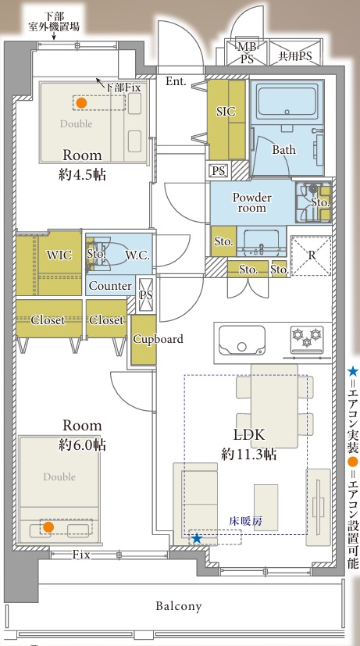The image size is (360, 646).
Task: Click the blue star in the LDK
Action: point(197,538)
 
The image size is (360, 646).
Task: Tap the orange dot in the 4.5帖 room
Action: point(81,103)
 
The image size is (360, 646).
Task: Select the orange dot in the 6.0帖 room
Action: point(48,527)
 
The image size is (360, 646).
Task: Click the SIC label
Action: point(226,111)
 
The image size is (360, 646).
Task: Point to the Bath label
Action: point(283,149)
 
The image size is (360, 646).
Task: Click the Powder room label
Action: point(251,202)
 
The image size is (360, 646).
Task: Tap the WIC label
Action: point(59,255)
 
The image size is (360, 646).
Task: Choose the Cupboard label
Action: point(159,340)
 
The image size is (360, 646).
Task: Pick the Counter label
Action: point(110,286)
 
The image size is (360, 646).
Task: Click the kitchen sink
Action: point(242,340)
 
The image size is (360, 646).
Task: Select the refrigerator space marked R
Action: point(312,255)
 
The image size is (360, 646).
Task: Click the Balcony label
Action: point(179,606)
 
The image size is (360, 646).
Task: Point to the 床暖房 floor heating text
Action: point(245,521)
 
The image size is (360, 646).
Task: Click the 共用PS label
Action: point(295,56)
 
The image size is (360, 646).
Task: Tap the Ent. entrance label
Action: point(176,81)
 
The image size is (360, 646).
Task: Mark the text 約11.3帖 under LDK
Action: point(248,455)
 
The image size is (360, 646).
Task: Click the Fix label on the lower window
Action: point(81,555)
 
